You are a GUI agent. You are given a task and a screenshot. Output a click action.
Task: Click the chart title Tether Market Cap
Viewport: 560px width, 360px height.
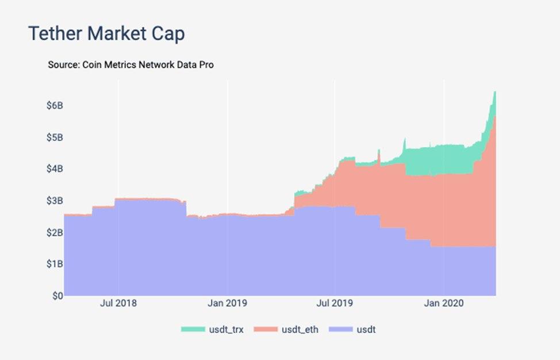pyautogui.click(x=106, y=34)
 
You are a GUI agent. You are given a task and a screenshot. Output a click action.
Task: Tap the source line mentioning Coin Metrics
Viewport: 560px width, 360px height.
pyautogui.click(x=131, y=65)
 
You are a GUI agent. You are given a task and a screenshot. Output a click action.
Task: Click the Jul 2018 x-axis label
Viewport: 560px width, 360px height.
pyautogui.click(x=118, y=303)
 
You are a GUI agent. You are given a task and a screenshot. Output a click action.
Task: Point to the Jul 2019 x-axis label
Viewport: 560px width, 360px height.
pyautogui.click(x=335, y=303)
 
